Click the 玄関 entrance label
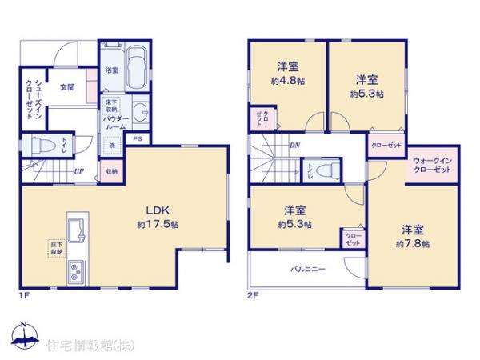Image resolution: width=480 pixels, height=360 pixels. [x=66, y=87]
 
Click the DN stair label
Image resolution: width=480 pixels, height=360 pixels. [x=294, y=145]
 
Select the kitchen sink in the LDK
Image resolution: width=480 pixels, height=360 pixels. [x=78, y=229]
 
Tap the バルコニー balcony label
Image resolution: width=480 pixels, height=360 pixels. [x=306, y=270]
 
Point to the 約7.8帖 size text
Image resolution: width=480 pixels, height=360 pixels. [x=416, y=242]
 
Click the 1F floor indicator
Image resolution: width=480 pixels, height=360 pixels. [x=26, y=295]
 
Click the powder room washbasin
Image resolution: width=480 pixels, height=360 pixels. [x=138, y=111]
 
